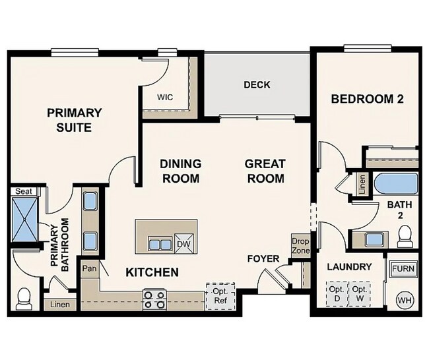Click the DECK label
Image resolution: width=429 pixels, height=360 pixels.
[257, 85]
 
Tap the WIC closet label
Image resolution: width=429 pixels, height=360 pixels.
[165, 97]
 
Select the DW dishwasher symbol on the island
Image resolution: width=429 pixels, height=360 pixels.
[185, 245]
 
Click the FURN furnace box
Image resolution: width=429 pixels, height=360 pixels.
[403, 269]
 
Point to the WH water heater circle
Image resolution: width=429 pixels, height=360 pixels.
[404, 300]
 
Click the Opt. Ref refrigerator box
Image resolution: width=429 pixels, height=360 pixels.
[220, 295]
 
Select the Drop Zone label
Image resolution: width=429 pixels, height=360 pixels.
[301, 246]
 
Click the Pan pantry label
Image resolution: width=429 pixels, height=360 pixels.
[89, 269]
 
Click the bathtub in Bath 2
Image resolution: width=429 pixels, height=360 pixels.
[395, 183]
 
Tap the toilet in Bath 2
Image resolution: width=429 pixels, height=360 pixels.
[405, 235]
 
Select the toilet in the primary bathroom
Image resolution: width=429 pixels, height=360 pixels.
[24, 297]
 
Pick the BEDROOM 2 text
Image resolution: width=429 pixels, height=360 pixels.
[367, 99]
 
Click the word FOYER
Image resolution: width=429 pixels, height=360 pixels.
[263, 258]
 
